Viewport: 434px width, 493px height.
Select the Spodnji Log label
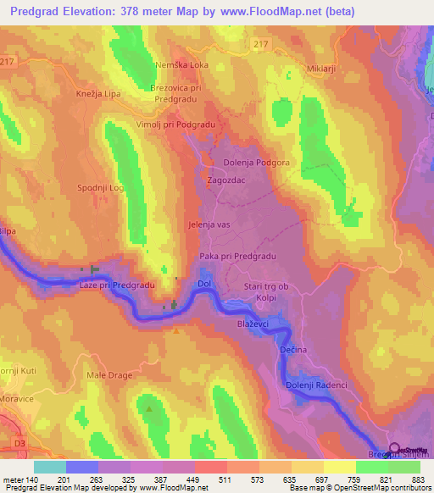(x=101, y=186)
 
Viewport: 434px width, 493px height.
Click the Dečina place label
(x=292, y=349)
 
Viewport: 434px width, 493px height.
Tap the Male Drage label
(x=106, y=374)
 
